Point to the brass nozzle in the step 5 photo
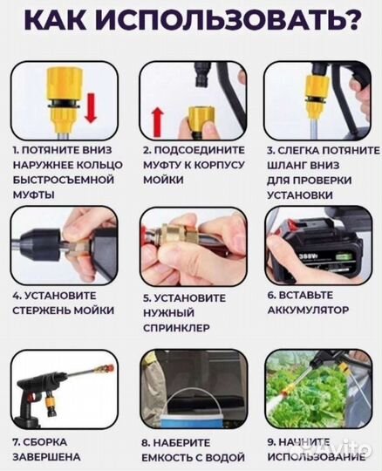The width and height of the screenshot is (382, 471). (172, 244)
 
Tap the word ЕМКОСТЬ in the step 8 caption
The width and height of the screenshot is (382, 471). (172, 457)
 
